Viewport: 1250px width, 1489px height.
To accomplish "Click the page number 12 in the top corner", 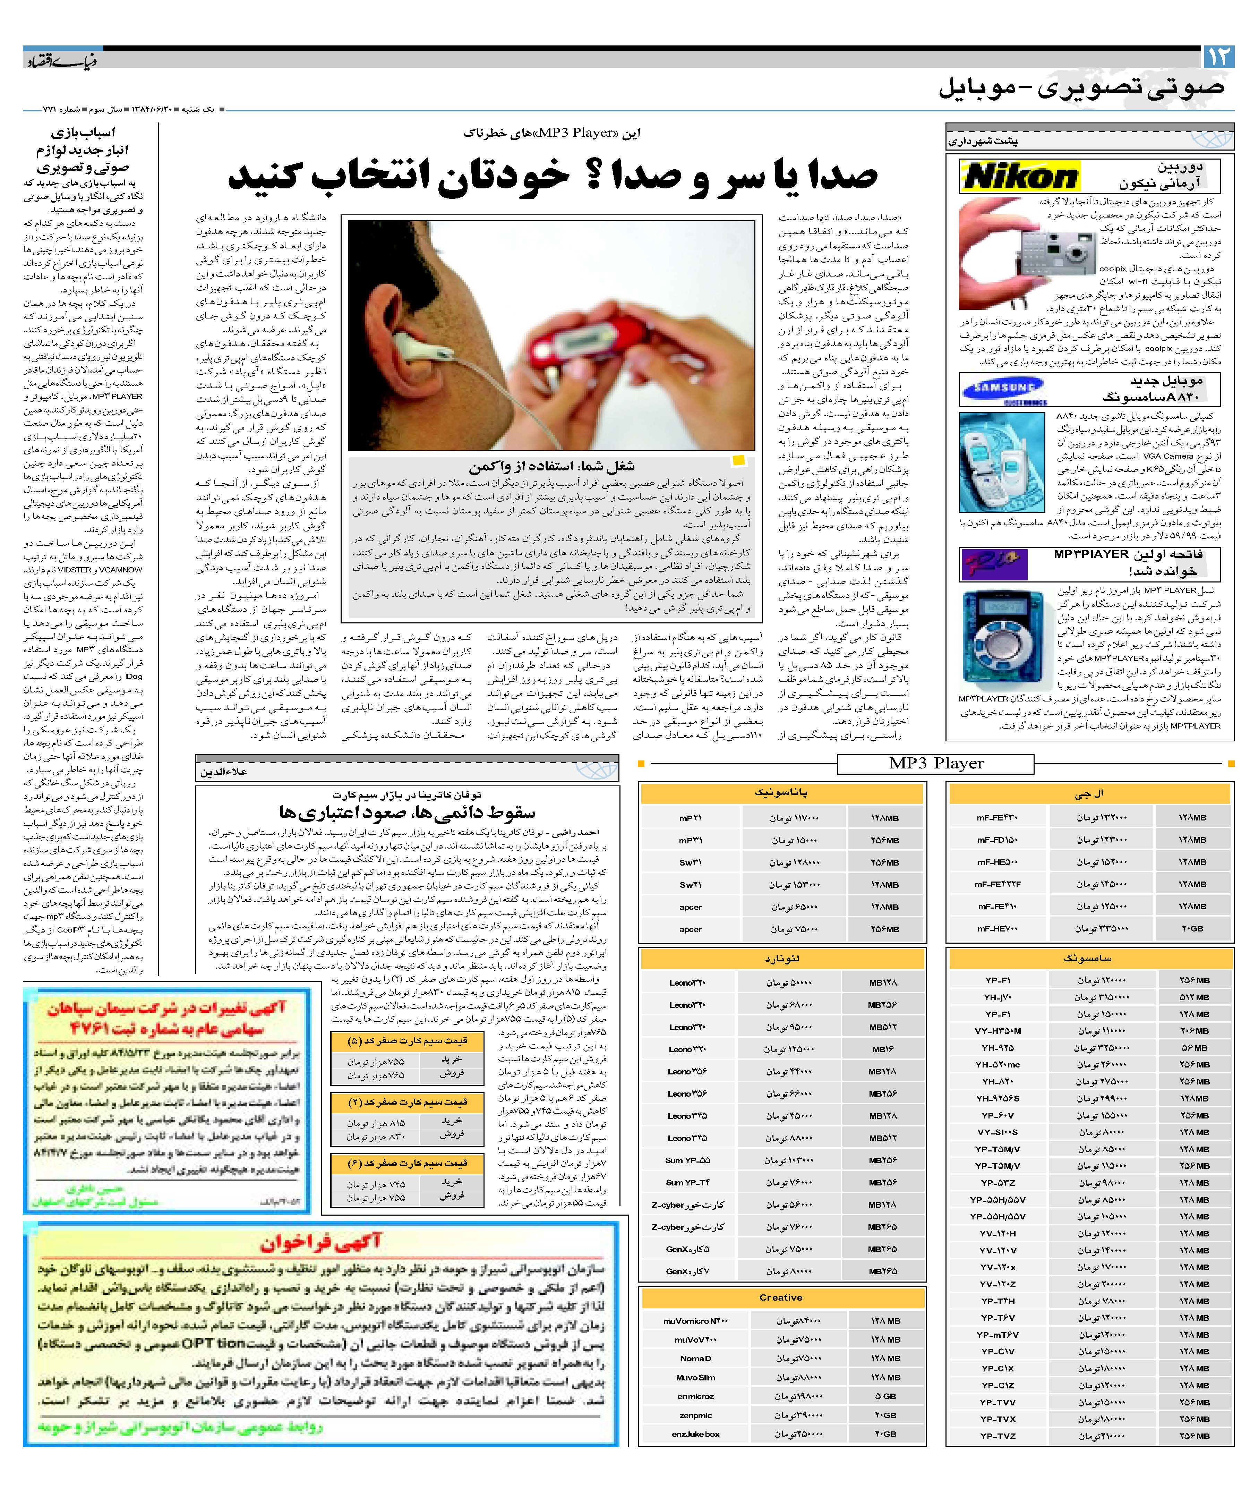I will tap(1218, 57).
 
